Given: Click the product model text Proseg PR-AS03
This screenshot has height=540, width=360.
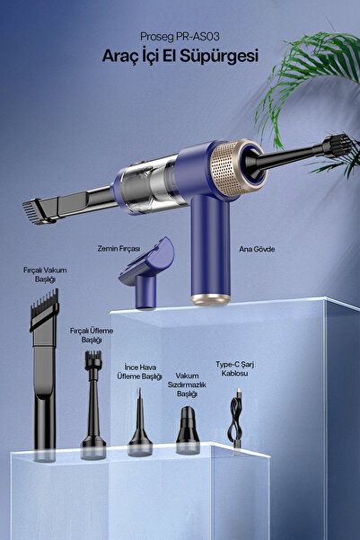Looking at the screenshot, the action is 180,37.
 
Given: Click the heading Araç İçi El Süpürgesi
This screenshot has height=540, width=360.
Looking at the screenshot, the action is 180,56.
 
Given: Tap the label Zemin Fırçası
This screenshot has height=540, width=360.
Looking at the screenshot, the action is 119,249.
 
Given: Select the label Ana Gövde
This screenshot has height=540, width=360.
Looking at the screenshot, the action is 257,249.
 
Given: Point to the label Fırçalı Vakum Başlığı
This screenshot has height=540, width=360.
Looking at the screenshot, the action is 45,274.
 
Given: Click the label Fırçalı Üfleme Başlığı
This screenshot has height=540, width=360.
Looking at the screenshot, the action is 92,335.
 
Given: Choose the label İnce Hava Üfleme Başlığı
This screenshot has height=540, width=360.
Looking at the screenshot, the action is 139,372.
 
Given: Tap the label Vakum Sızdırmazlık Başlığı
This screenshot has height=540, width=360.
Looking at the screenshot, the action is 187,385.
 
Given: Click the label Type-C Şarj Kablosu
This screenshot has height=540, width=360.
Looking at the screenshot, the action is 234,369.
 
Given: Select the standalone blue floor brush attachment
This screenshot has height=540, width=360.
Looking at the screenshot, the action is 147,272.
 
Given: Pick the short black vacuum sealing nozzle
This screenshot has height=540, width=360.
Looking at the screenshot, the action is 188,429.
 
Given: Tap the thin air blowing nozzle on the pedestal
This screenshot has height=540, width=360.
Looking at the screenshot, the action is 140,427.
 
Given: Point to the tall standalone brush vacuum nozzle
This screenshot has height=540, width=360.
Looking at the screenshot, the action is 45,376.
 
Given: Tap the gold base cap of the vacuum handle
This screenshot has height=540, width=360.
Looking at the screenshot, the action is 211,299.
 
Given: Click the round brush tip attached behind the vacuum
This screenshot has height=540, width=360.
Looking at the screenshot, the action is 338,146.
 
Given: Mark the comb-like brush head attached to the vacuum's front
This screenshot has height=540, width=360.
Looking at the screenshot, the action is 38,211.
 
